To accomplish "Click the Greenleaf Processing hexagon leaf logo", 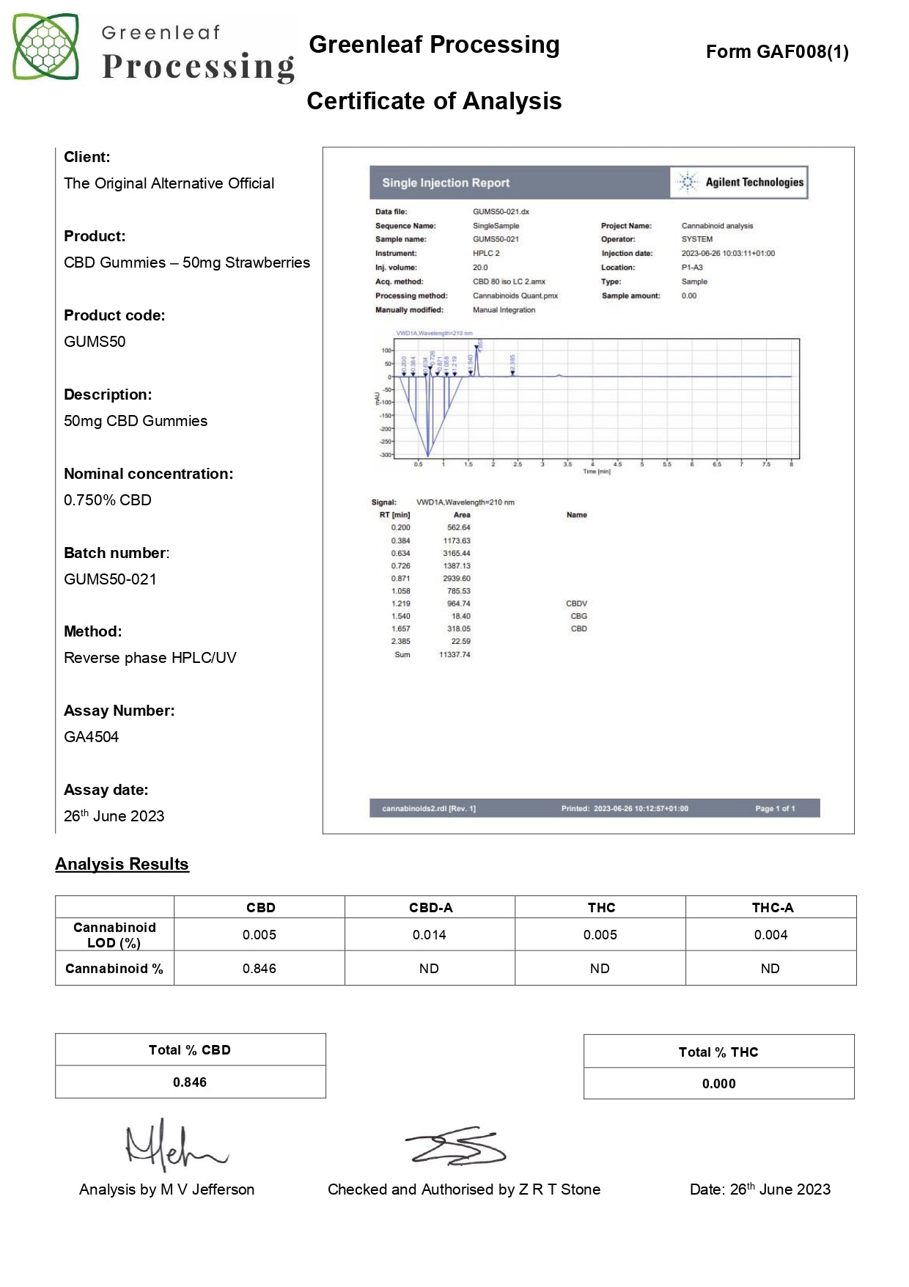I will pyautogui.click(x=45, y=47).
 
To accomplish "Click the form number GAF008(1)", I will pyautogui.click(x=777, y=52).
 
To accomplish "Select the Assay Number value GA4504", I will pyautogui.click(x=92, y=737).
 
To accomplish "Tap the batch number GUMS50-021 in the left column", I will pyautogui.click(x=110, y=579).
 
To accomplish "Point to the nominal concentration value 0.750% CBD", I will pyautogui.click(x=108, y=500).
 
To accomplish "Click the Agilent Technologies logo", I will pyautogui.click(x=740, y=183).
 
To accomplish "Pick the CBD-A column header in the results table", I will pyautogui.click(x=430, y=908).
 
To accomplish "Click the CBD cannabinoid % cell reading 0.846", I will pyautogui.click(x=260, y=969).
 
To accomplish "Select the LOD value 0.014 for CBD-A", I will pyautogui.click(x=430, y=935).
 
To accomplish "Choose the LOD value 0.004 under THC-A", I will pyautogui.click(x=770, y=935).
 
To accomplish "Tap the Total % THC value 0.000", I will pyautogui.click(x=718, y=1084).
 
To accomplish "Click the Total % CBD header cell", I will pyautogui.click(x=190, y=1050).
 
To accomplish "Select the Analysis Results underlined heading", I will pyautogui.click(x=122, y=865).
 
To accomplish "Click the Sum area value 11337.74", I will pyautogui.click(x=454, y=655).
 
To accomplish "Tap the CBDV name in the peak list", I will pyautogui.click(x=576, y=604).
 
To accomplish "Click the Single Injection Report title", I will pyautogui.click(x=446, y=183).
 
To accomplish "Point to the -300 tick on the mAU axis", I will pyautogui.click(x=385, y=455).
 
